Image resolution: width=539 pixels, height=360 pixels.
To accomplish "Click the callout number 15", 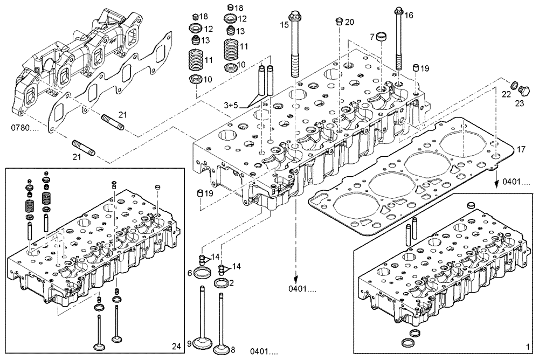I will click(284, 24).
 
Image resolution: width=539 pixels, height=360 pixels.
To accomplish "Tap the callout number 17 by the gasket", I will click(521, 149).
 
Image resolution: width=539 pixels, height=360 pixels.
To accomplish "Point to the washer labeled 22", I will click(514, 85).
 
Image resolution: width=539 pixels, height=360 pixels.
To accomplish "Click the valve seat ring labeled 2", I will click(222, 282).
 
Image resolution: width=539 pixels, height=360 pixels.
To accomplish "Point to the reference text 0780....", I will click(25, 128).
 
